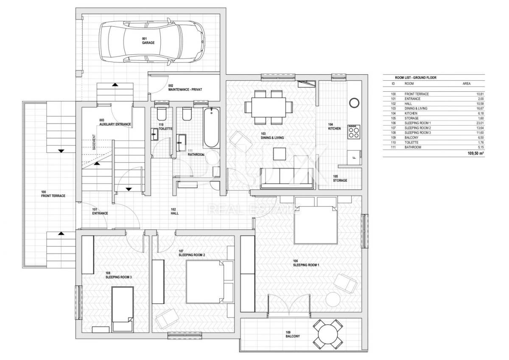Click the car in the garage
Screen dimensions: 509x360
coord(151,42)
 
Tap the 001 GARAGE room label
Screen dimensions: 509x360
coord(148,41)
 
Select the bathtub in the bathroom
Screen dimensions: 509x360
coord(211,128)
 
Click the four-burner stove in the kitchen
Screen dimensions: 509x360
coord(354,132)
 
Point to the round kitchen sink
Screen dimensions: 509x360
coord(354,103)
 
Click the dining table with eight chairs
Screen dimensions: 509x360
coord(268,107)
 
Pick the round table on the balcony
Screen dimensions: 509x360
coord(327,334)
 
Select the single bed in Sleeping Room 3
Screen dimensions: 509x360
coord(123,309)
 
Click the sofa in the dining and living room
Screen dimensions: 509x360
coord(287,179)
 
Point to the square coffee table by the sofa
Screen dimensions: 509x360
coord(280,154)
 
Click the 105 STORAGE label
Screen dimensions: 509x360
coord(340,178)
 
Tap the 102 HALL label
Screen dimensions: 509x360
coord(174,211)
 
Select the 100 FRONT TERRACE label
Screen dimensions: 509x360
coord(53,194)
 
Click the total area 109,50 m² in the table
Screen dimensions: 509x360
coord(475,153)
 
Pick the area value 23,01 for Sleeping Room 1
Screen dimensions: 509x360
coord(480,123)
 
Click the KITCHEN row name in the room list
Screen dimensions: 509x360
coord(411,113)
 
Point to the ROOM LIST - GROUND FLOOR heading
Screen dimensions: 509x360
coord(416,78)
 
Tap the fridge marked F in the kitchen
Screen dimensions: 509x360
coord(354,157)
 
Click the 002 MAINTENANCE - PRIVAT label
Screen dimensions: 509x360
coord(185,87)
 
